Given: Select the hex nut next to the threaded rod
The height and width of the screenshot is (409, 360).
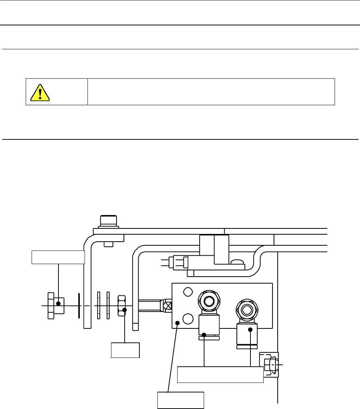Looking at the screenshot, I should pos(122,305).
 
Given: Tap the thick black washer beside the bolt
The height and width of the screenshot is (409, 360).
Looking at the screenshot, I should pos(79,305).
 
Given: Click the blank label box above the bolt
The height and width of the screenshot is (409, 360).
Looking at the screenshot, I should pos(58,257).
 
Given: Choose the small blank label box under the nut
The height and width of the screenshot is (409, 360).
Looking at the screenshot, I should pos(125,350).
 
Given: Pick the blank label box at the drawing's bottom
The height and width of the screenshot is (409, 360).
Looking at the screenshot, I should pos(181,401).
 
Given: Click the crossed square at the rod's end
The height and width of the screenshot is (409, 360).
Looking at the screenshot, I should pos(168,305).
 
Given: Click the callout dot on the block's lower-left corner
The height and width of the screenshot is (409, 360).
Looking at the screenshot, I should pos(177,323).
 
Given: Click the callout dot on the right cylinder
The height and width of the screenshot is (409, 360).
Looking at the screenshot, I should pos(250,330).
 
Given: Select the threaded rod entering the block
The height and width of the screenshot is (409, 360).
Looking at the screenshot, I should pos(149,305).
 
